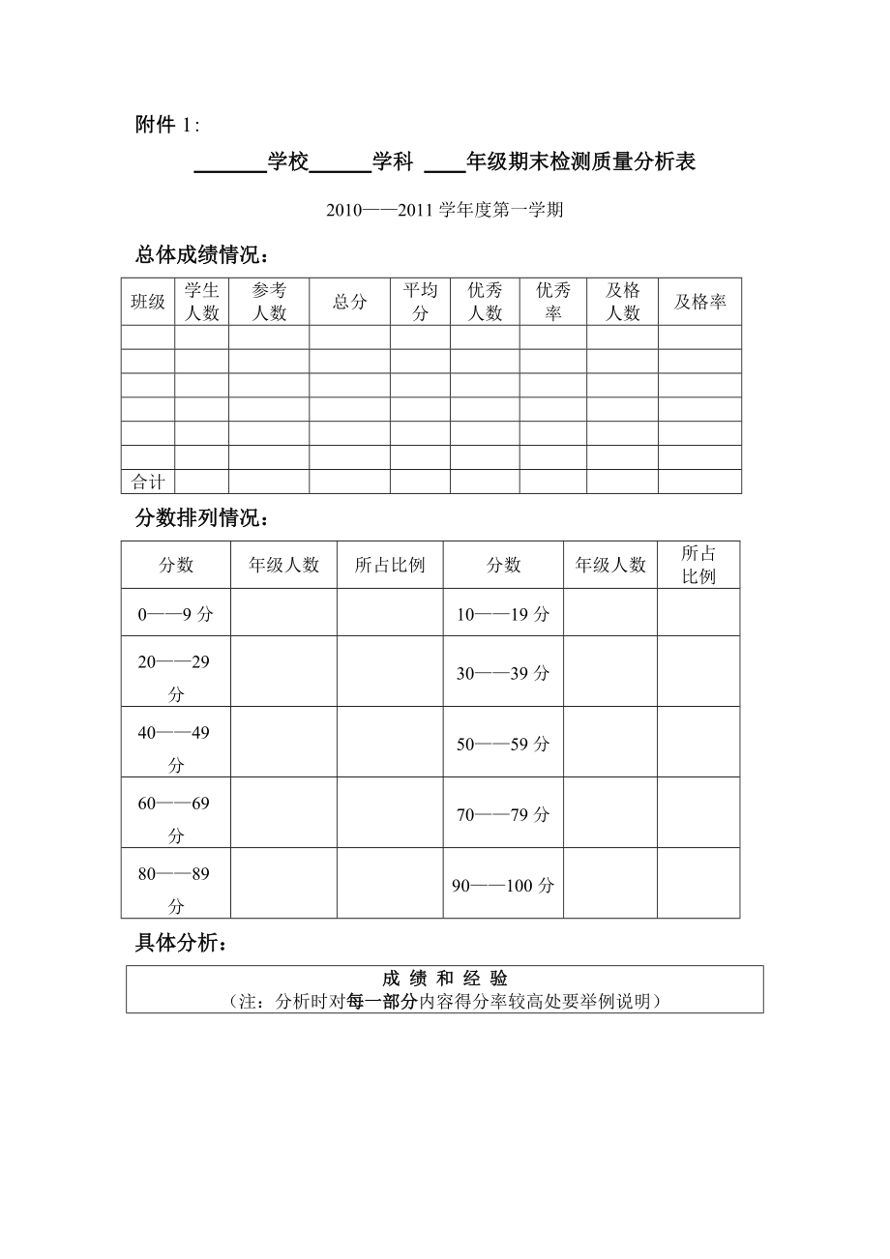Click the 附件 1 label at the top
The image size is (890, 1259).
coord(167,125)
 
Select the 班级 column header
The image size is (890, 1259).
coord(148,302)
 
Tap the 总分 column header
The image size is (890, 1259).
coord(350,302)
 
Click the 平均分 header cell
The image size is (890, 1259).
coord(420,302)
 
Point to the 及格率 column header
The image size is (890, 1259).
coord(699,302)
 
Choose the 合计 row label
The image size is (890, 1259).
coord(148,482)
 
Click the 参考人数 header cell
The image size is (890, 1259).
coord(269,302)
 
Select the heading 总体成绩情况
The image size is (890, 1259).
coord(201,255)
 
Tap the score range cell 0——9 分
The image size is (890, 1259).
coord(175,614)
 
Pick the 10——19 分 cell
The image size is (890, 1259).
coord(503,614)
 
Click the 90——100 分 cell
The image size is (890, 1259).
coord(503,884)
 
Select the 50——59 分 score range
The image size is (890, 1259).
coord(503,744)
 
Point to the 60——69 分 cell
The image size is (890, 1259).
coord(175,817)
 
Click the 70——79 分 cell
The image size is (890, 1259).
coord(503,814)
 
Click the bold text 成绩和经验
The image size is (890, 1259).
coord(445,978)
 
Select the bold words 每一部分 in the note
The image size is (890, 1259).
coord(381,1001)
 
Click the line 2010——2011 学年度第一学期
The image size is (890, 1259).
coord(445,210)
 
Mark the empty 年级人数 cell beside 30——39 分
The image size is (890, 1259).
coord(610,673)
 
